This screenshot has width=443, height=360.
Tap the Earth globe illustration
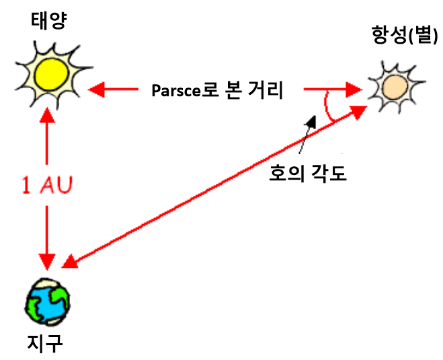47,301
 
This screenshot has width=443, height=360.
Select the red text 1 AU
45,185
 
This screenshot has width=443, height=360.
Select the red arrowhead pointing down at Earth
46,259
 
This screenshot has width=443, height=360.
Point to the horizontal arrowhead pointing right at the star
354,88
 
